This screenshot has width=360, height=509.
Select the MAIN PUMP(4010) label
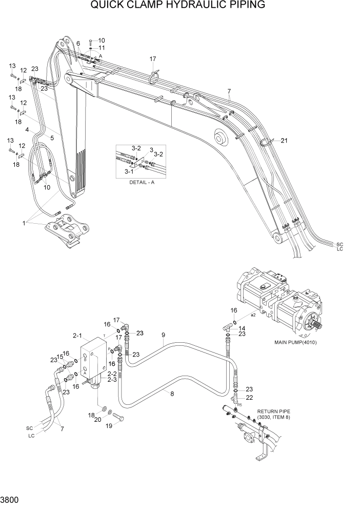[295, 342]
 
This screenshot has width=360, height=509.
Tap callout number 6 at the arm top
[78, 44]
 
